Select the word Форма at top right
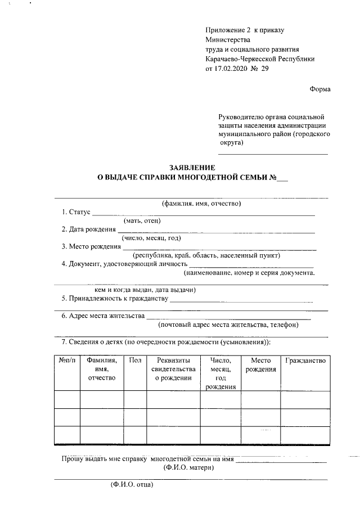click(320, 89)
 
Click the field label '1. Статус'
click(75, 212)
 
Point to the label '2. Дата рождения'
click(89, 229)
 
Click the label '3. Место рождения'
click(91, 246)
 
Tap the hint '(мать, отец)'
click(142, 220)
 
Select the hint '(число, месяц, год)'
click(151, 238)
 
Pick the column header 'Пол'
click(135, 360)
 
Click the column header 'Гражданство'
click(305, 360)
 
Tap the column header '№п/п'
click(66, 360)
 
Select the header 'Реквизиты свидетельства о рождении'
click(173, 369)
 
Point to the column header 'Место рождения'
click(261, 364)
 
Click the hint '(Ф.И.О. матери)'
click(188, 467)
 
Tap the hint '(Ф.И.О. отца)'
click(131, 484)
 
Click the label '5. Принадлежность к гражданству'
click(115, 298)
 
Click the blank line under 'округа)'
click(273, 153)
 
